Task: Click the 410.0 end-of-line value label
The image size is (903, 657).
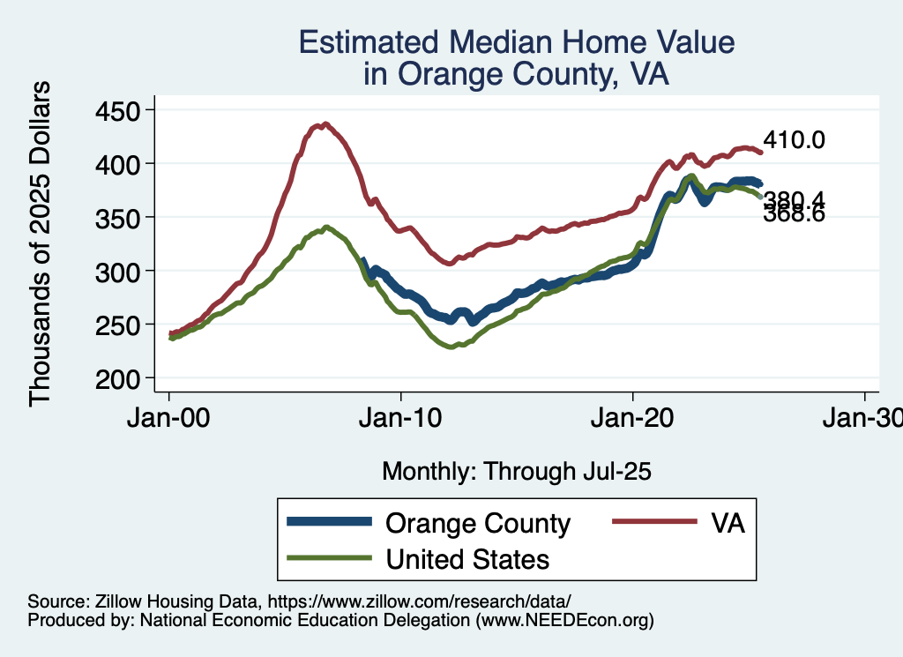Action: tap(794, 139)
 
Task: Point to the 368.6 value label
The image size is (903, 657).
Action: tap(794, 213)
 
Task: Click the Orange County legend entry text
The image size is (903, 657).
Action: tap(478, 523)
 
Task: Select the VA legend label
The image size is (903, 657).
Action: tap(728, 523)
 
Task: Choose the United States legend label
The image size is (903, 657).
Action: tap(467, 559)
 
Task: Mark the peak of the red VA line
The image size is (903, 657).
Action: tap(325, 124)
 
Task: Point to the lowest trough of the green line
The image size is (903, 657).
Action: tap(451, 347)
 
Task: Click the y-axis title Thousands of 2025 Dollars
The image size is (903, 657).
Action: tap(41, 243)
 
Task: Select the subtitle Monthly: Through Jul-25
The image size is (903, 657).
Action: tap(516, 471)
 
